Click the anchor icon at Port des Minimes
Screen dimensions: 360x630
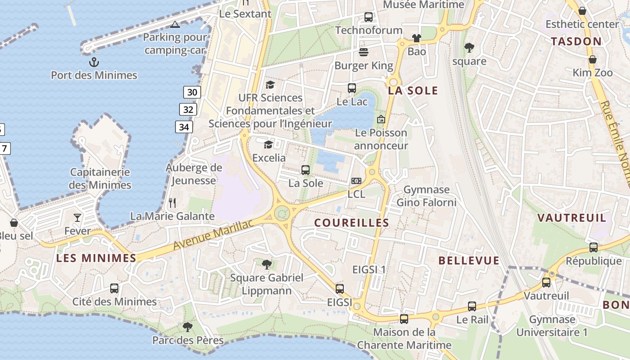(94, 62)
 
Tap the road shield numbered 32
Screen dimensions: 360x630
(188, 109)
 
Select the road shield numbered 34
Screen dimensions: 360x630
(184, 127)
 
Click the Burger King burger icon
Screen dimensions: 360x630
(364, 53)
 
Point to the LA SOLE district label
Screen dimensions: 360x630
(413, 90)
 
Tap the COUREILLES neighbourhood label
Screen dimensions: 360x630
(351, 223)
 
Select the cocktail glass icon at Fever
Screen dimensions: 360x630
(77, 218)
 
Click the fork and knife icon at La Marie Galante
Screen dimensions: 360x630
(172, 203)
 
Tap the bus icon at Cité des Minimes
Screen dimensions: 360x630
(114, 288)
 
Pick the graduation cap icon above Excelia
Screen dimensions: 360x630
(269, 144)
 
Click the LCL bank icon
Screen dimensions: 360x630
(356, 181)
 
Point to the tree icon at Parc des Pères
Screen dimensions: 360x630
(188, 327)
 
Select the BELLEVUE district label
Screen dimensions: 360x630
(469, 261)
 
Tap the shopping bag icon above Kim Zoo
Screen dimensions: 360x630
(593, 59)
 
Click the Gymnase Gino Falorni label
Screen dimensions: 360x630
(426, 196)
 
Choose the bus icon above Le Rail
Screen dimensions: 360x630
(472, 306)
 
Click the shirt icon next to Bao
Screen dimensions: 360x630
(417, 38)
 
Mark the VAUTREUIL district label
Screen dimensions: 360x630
(572, 218)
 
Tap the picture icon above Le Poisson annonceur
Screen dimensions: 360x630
(381, 119)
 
